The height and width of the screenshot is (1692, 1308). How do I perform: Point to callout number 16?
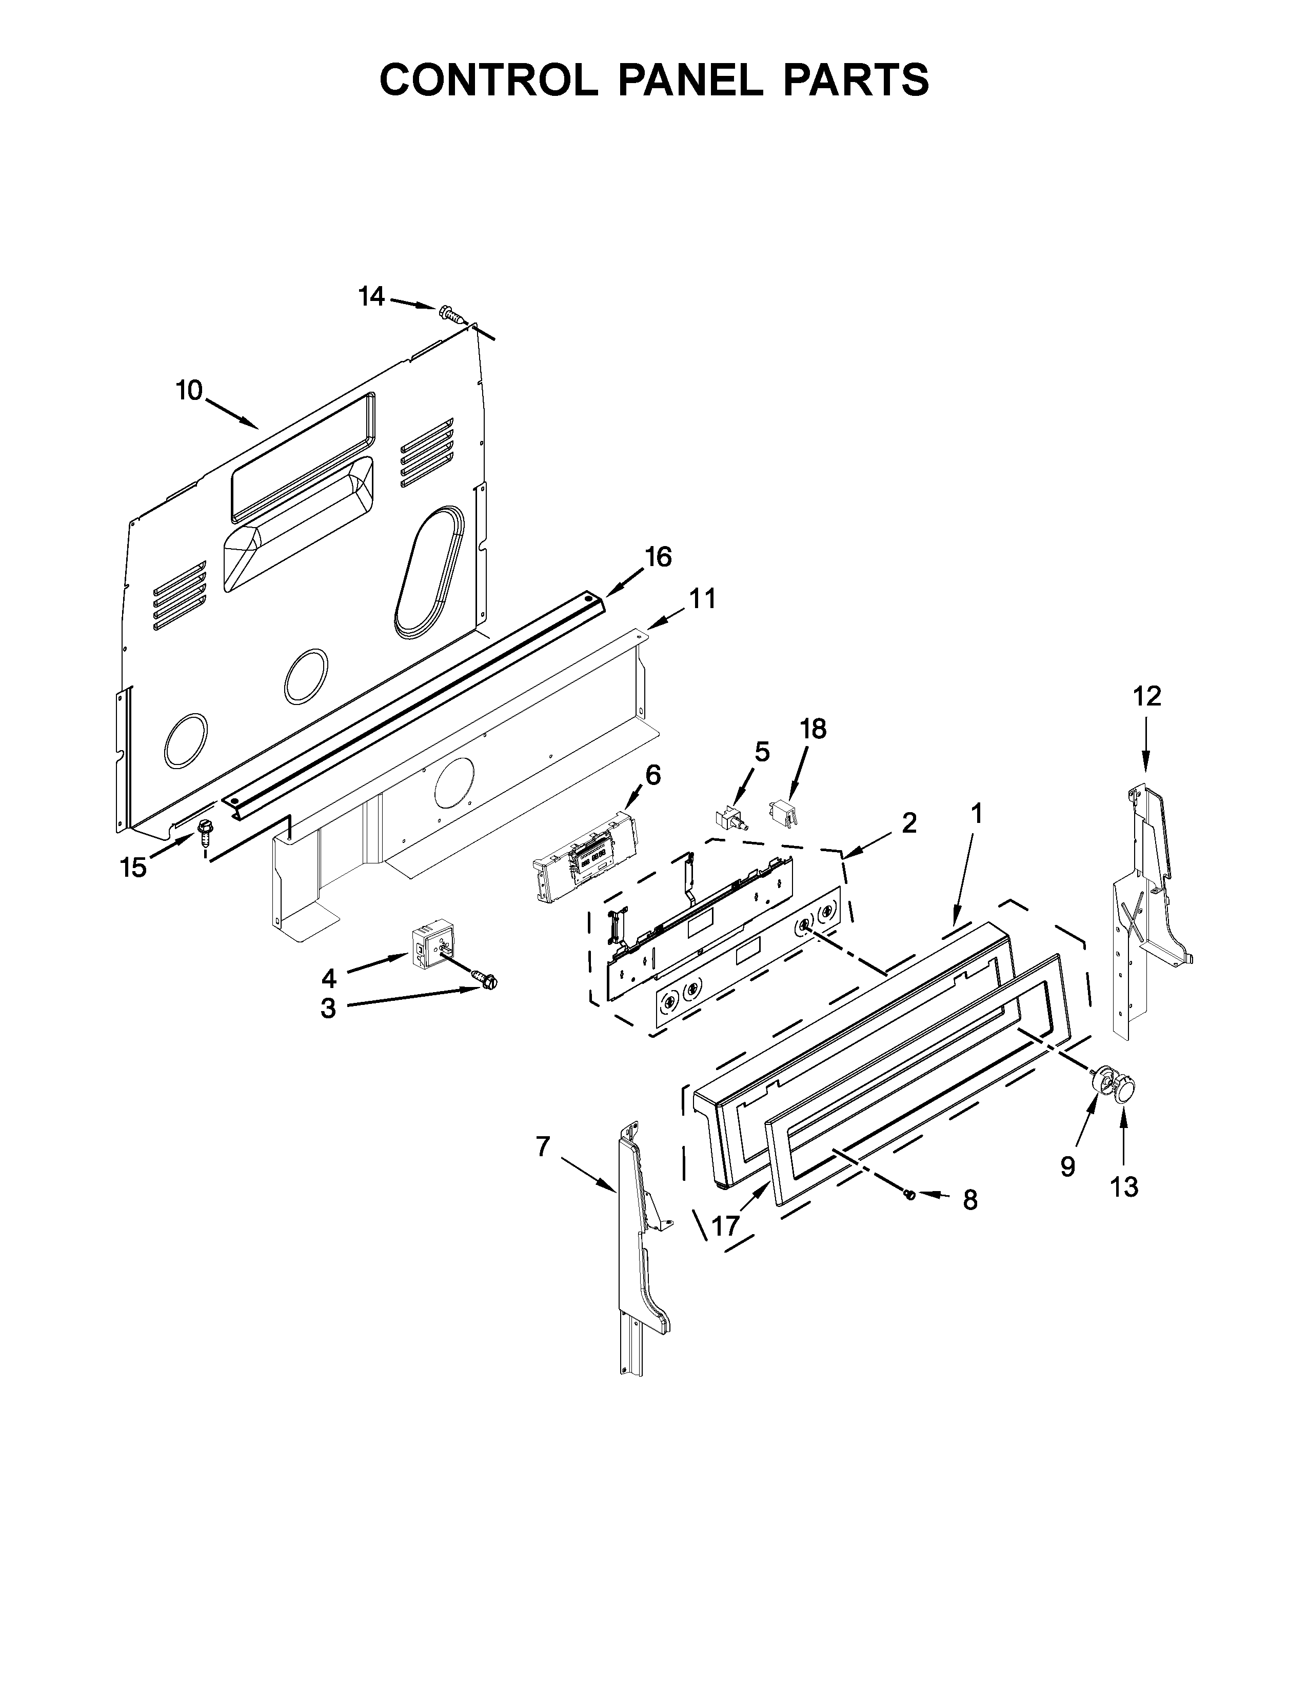[x=659, y=556]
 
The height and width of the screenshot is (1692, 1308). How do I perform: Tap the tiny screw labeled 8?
[x=910, y=1195]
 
